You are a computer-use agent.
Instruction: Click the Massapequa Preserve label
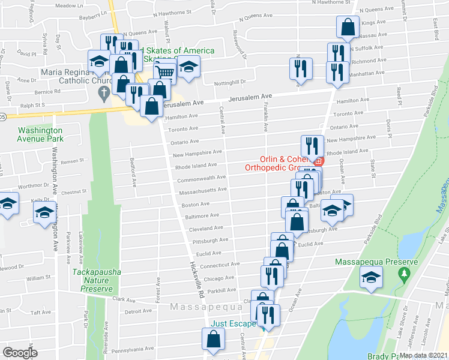coord(376,263)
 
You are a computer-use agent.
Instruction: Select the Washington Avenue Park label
coord(40,134)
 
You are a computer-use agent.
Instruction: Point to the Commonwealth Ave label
coord(200,178)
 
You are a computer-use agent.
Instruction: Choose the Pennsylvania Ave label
coord(131,348)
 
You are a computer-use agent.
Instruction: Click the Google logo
coord(20,353)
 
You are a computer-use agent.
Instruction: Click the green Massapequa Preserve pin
coord(405,274)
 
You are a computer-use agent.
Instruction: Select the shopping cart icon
coord(164,71)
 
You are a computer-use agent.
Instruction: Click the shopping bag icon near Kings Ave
coord(348,26)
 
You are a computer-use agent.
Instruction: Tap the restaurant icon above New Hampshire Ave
coord(312,146)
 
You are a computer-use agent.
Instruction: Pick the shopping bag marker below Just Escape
coord(214,340)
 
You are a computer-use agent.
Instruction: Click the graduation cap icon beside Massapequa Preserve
coord(371,278)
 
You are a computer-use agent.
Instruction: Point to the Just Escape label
coord(233,323)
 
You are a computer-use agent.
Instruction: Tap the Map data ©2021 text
coord(423,355)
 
